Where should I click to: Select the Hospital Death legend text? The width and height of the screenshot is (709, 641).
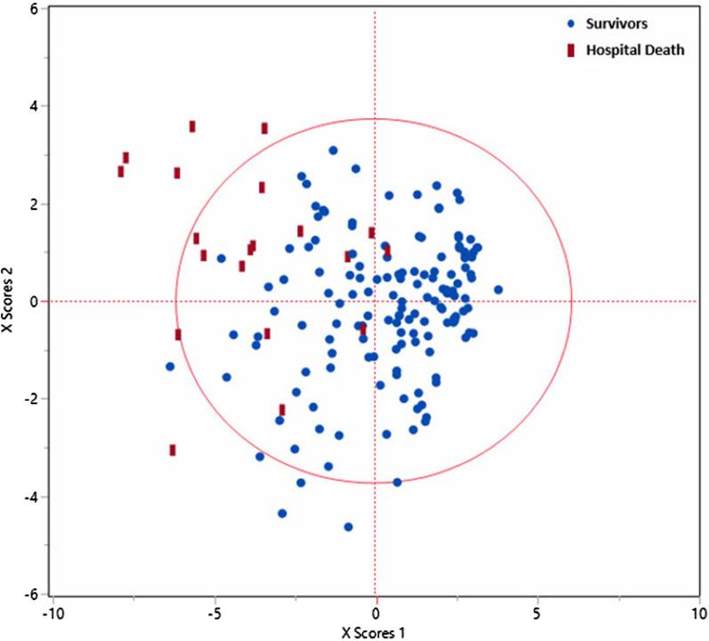[635, 51]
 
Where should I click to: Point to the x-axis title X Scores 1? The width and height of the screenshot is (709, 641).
[375, 631]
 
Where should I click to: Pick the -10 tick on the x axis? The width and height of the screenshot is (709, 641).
[52, 614]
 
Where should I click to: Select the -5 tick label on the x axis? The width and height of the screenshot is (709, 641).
[214, 614]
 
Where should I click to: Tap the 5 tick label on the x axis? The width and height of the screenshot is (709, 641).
[536, 614]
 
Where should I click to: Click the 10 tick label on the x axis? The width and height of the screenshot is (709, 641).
[697, 614]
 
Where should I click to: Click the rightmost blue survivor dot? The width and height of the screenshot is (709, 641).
[498, 289]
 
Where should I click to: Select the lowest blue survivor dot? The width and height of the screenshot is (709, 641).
[348, 527]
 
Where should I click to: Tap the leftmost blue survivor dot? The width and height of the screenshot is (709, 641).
[170, 366]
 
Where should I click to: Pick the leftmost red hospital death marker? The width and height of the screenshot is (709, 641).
[121, 171]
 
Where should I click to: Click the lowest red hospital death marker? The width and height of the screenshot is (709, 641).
[173, 450]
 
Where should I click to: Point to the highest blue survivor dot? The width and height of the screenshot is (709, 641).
[333, 150]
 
